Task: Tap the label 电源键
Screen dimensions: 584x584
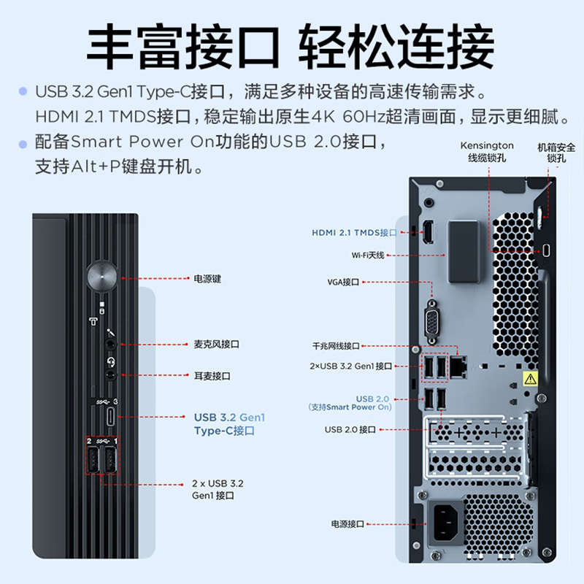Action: tap(207, 278)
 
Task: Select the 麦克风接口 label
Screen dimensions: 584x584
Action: tap(217, 343)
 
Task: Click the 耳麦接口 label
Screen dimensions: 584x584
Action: tap(212, 376)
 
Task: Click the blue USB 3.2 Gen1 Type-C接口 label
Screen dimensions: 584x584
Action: tap(229, 424)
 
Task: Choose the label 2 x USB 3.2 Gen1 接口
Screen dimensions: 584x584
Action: tap(218, 489)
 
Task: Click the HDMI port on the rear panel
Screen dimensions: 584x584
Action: tap(429, 231)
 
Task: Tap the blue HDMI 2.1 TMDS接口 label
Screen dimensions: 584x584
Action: tap(354, 233)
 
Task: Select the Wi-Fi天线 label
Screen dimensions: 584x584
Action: tap(367, 255)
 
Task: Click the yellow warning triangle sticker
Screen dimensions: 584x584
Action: tap(530, 379)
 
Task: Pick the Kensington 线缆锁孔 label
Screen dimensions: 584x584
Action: tap(487, 151)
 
